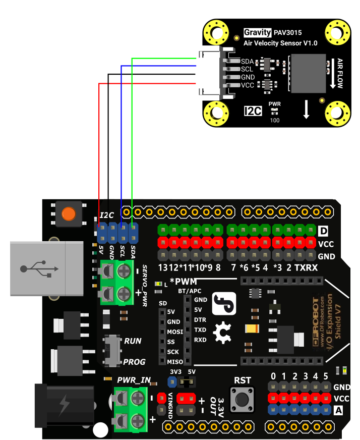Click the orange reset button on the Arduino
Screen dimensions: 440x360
(x=68, y=214)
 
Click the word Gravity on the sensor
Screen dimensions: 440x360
(x=257, y=33)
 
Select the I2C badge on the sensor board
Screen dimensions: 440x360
(x=253, y=111)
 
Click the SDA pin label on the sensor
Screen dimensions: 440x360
(x=247, y=62)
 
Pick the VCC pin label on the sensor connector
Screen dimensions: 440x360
(x=247, y=85)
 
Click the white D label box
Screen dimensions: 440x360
(x=324, y=232)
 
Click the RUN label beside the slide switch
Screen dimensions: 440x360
(x=133, y=341)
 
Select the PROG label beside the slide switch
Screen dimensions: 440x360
(x=134, y=362)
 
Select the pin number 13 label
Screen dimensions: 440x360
(x=163, y=267)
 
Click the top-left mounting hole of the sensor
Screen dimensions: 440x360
(x=217, y=33)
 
